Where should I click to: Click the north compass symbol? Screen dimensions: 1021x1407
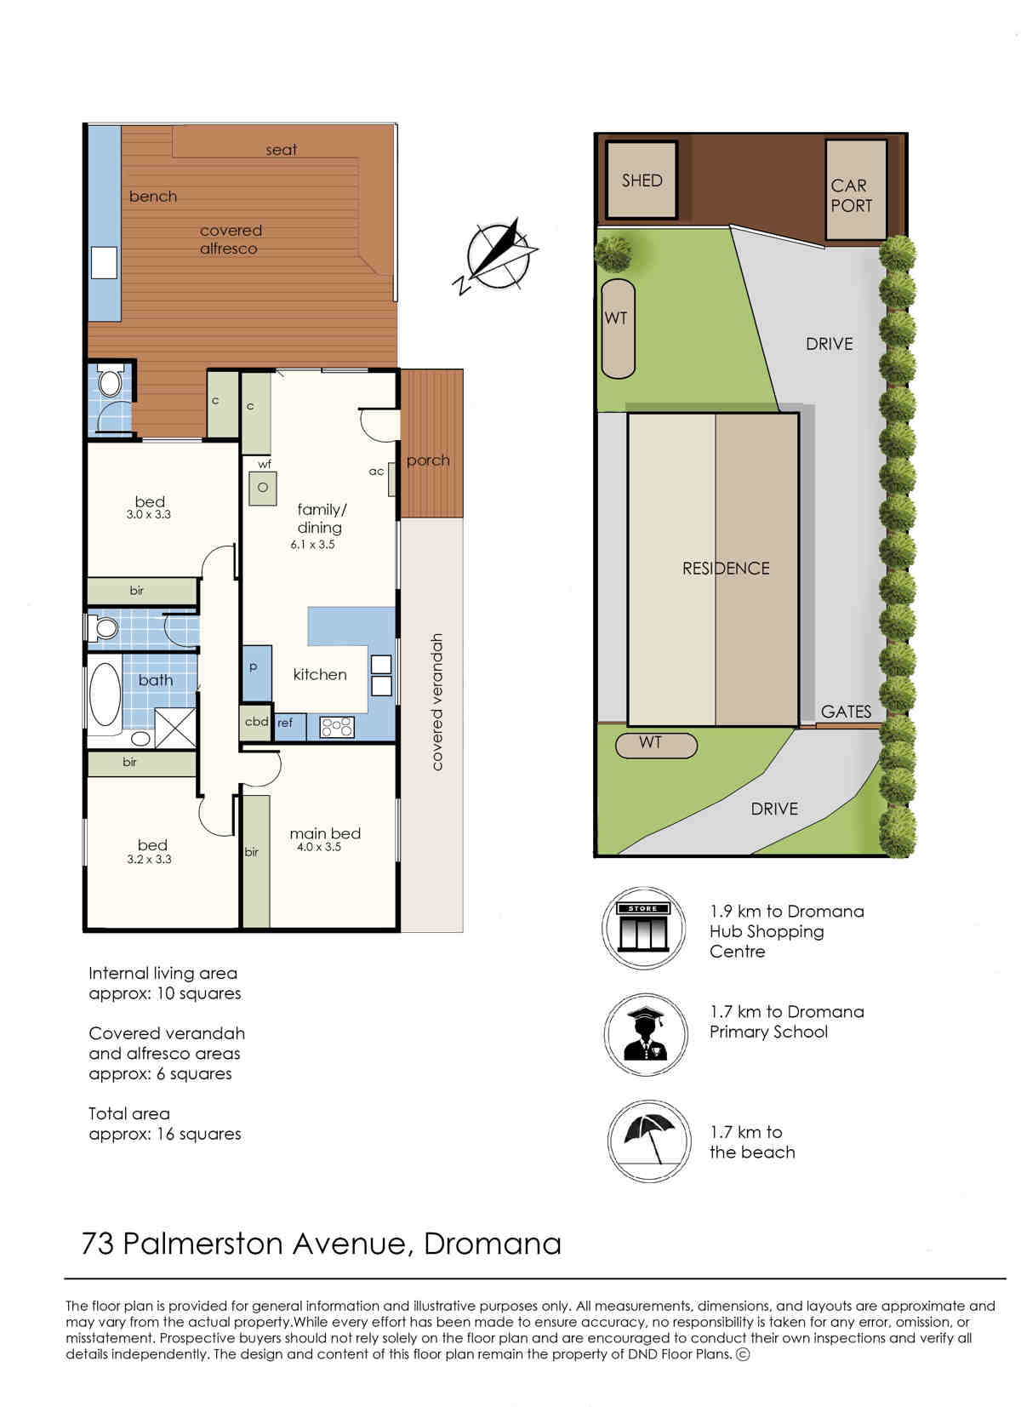pyautogui.click(x=496, y=256)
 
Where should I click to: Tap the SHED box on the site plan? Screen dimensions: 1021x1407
pyautogui.click(x=642, y=180)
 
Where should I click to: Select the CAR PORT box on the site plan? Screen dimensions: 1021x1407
pyautogui.click(x=855, y=190)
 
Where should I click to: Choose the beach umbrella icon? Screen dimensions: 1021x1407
pyautogui.click(x=649, y=1140)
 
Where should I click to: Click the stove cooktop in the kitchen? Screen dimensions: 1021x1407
pyautogui.click(x=337, y=728)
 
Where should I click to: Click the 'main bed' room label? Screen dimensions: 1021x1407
pyautogui.click(x=325, y=833)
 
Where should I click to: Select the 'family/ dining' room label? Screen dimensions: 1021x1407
pyautogui.click(x=321, y=518)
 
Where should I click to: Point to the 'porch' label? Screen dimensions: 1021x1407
pyautogui.click(x=428, y=460)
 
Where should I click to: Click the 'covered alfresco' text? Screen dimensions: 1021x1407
pyautogui.click(x=231, y=239)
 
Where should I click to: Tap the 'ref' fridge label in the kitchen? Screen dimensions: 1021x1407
pyautogui.click(x=284, y=723)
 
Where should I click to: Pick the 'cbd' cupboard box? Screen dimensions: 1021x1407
pyautogui.click(x=256, y=723)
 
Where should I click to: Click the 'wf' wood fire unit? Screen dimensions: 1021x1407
pyautogui.click(x=262, y=486)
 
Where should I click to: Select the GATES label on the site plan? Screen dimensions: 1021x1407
pyautogui.click(x=846, y=712)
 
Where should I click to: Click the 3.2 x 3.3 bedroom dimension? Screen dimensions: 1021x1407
pyautogui.click(x=149, y=860)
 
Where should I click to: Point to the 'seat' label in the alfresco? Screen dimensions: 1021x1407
pyautogui.click(x=281, y=150)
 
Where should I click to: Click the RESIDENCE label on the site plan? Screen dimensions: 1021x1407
pyautogui.click(x=726, y=569)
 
